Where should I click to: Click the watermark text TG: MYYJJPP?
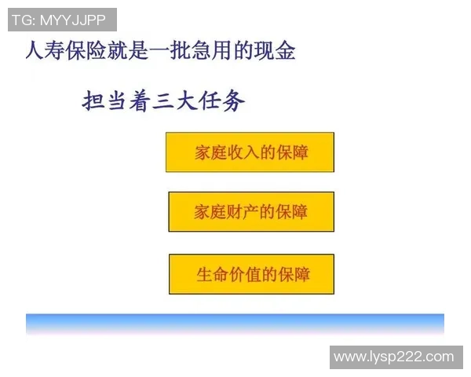62,20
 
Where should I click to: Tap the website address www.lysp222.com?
393,357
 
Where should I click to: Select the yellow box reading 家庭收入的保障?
250,152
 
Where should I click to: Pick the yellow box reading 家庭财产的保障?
250,212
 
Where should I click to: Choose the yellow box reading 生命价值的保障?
251,274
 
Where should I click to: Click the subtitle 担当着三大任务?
164,101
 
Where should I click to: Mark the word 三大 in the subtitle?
175,101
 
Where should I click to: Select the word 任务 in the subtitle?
222,101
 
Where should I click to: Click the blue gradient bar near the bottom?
235,323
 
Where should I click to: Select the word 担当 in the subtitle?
106,101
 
